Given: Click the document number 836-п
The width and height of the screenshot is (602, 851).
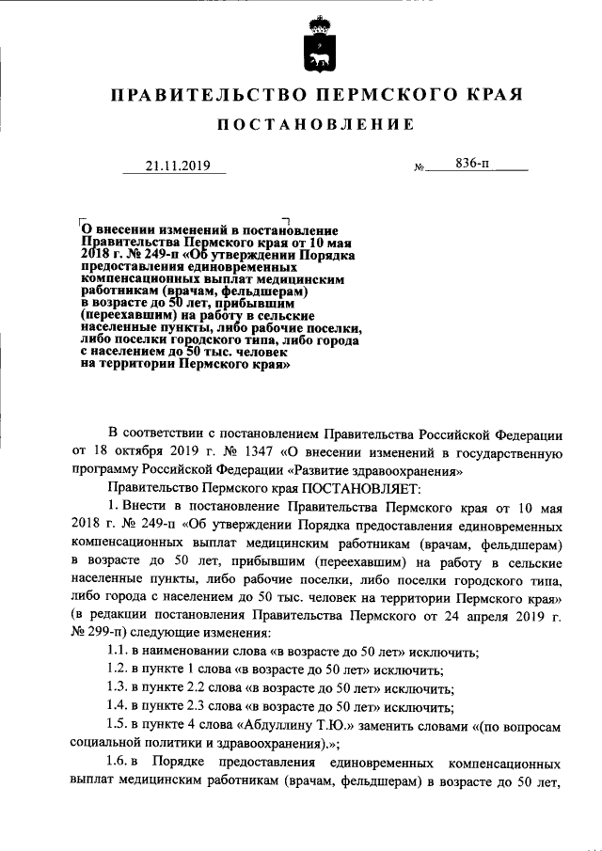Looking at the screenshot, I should [473, 165].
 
